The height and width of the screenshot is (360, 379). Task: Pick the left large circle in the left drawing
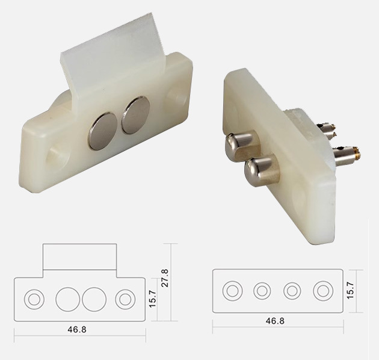click(x=67, y=298)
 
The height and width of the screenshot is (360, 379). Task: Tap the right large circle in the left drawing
click(x=94, y=298)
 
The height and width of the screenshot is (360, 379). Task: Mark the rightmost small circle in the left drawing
click(x=125, y=298)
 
